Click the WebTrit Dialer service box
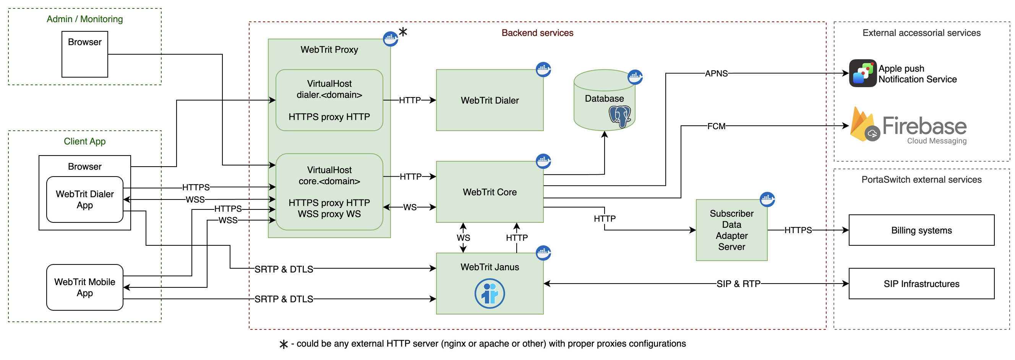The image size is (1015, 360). point(490,101)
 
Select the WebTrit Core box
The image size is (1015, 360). point(490,192)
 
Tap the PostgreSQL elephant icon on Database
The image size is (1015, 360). point(619,116)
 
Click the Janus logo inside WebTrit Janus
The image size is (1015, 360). point(490,294)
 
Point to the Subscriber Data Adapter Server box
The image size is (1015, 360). point(731,230)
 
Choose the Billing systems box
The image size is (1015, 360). point(921,230)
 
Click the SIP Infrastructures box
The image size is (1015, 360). point(921,284)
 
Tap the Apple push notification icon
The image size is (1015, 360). point(863,73)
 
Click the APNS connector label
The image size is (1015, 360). point(716,73)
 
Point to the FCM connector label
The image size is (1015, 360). point(716,126)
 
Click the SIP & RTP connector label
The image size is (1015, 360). point(738,284)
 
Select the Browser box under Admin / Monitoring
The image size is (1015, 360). point(85,54)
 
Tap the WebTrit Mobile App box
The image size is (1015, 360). point(85,287)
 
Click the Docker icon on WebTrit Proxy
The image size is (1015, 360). point(390,39)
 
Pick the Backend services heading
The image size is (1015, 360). point(537,33)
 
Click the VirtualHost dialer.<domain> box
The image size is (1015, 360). point(329,100)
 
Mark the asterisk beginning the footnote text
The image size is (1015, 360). point(283,344)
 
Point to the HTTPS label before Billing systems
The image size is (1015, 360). point(798,230)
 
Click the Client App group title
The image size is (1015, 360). point(85,141)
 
